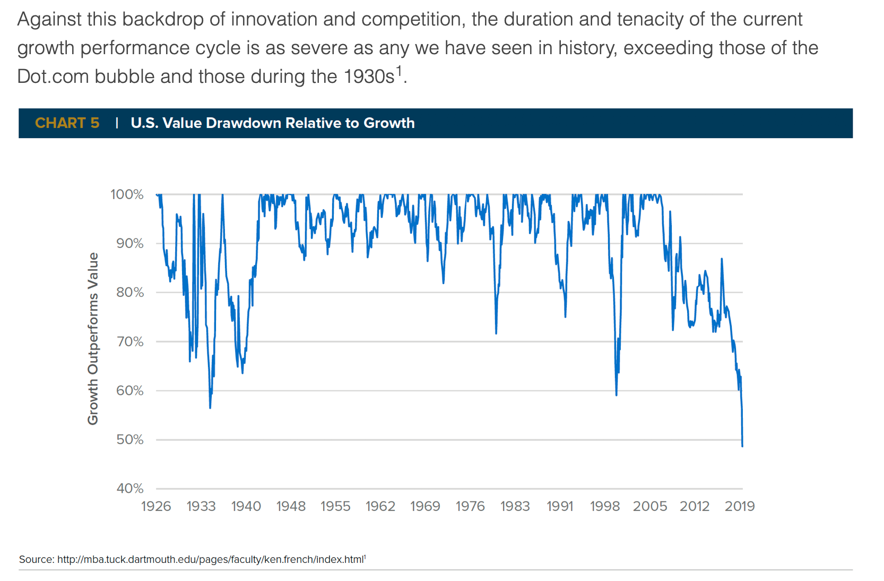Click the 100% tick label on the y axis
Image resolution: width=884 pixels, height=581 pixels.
coord(127,194)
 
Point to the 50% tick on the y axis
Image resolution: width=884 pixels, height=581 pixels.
coord(130,440)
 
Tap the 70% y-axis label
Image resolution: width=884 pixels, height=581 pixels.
coord(130,341)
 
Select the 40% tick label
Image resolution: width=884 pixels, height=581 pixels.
coord(130,489)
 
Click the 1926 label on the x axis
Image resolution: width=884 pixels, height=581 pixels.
coord(156,506)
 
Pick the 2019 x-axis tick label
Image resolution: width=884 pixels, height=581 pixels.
coord(740,506)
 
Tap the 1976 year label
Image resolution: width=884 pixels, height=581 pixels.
coord(470,506)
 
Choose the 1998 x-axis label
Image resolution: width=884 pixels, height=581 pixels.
coord(605,506)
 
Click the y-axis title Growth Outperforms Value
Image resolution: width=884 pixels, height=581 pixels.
coord(93,338)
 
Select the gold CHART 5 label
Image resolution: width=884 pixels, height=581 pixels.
coord(67,123)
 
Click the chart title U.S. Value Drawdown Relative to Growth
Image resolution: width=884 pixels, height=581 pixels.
coord(273,123)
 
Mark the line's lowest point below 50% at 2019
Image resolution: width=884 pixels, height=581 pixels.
coord(742,446)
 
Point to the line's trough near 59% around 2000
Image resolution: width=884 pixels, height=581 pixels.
coord(616,395)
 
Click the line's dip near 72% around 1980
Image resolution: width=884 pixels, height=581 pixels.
coord(496,333)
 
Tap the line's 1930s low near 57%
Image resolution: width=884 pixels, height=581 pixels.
coord(210,407)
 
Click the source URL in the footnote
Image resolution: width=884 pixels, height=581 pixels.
coord(210,559)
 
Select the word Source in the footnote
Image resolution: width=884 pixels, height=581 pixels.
coord(36,559)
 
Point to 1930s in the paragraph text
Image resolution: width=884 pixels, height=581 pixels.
coord(369,76)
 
